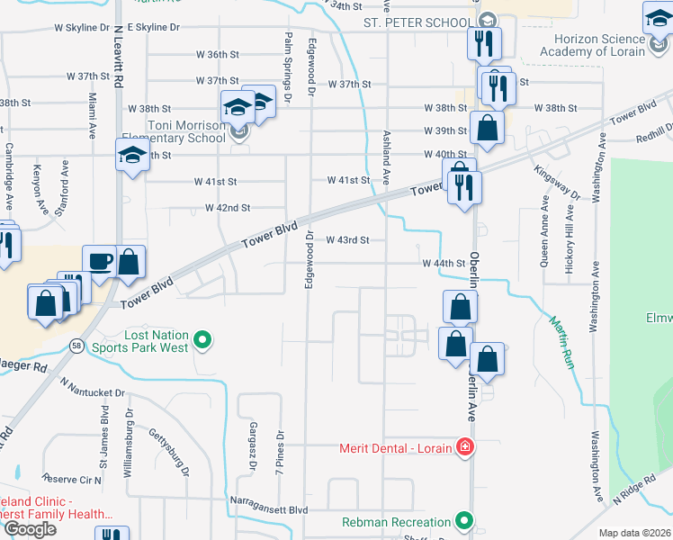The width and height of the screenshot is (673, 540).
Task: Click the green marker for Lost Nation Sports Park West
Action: click(203, 339)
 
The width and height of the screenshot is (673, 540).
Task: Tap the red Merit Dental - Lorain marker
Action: click(464, 447)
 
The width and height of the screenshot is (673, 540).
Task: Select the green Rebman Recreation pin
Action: click(464, 521)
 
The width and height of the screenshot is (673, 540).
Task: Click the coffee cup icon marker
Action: click(99, 261)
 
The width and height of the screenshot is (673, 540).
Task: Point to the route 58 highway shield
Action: click(78, 345)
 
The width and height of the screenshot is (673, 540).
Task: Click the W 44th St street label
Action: click(444, 264)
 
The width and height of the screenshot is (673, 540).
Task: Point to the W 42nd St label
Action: click(227, 208)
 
